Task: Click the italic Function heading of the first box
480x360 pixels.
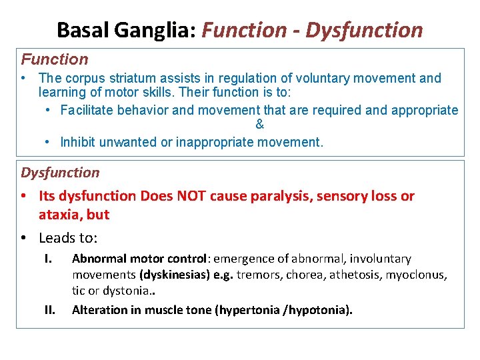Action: click(55, 59)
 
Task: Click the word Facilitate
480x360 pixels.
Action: click(86, 110)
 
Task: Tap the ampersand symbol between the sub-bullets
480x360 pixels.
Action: click(259, 125)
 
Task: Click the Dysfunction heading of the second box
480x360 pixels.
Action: click(60, 173)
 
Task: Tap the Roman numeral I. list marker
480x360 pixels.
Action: click(48, 258)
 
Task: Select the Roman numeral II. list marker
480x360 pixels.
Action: click(49, 309)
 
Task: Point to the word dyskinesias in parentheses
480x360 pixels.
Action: click(169, 275)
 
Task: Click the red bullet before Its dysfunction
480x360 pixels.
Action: click(24, 196)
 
